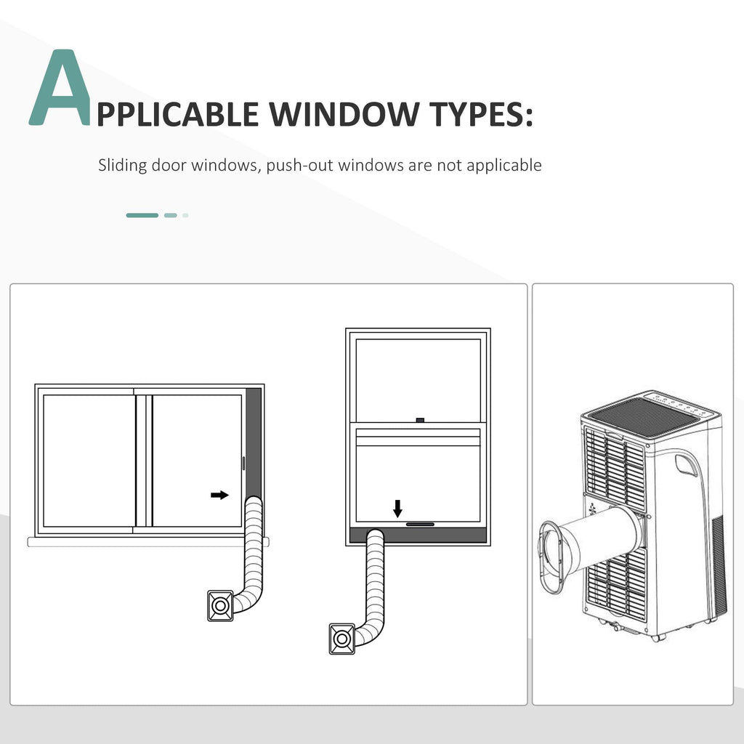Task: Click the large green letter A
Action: (60, 88)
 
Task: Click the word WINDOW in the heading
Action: (344, 114)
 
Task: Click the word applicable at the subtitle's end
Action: (504, 166)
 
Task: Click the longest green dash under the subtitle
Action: (142, 215)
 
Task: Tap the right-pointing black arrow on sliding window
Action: (219, 495)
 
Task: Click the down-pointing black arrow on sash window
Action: (397, 509)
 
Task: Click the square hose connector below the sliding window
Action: (220, 605)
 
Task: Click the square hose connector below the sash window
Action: (341, 639)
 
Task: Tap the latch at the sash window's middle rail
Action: (419, 420)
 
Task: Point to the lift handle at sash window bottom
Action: (420, 525)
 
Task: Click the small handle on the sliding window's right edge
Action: (244, 463)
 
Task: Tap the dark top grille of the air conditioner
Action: (645, 416)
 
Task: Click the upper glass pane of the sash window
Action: (418, 380)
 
